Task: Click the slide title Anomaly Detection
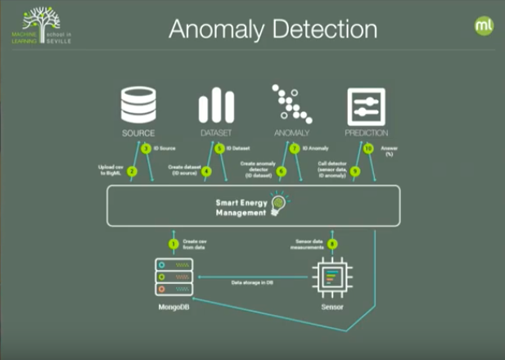273,29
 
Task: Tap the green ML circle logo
484,25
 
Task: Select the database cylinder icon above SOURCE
138,106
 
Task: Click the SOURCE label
138,133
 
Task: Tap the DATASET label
216,133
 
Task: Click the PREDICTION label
367,133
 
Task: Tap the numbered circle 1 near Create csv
173,243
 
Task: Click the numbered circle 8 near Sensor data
331,243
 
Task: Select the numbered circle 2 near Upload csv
131,170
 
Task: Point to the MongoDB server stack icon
174,278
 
